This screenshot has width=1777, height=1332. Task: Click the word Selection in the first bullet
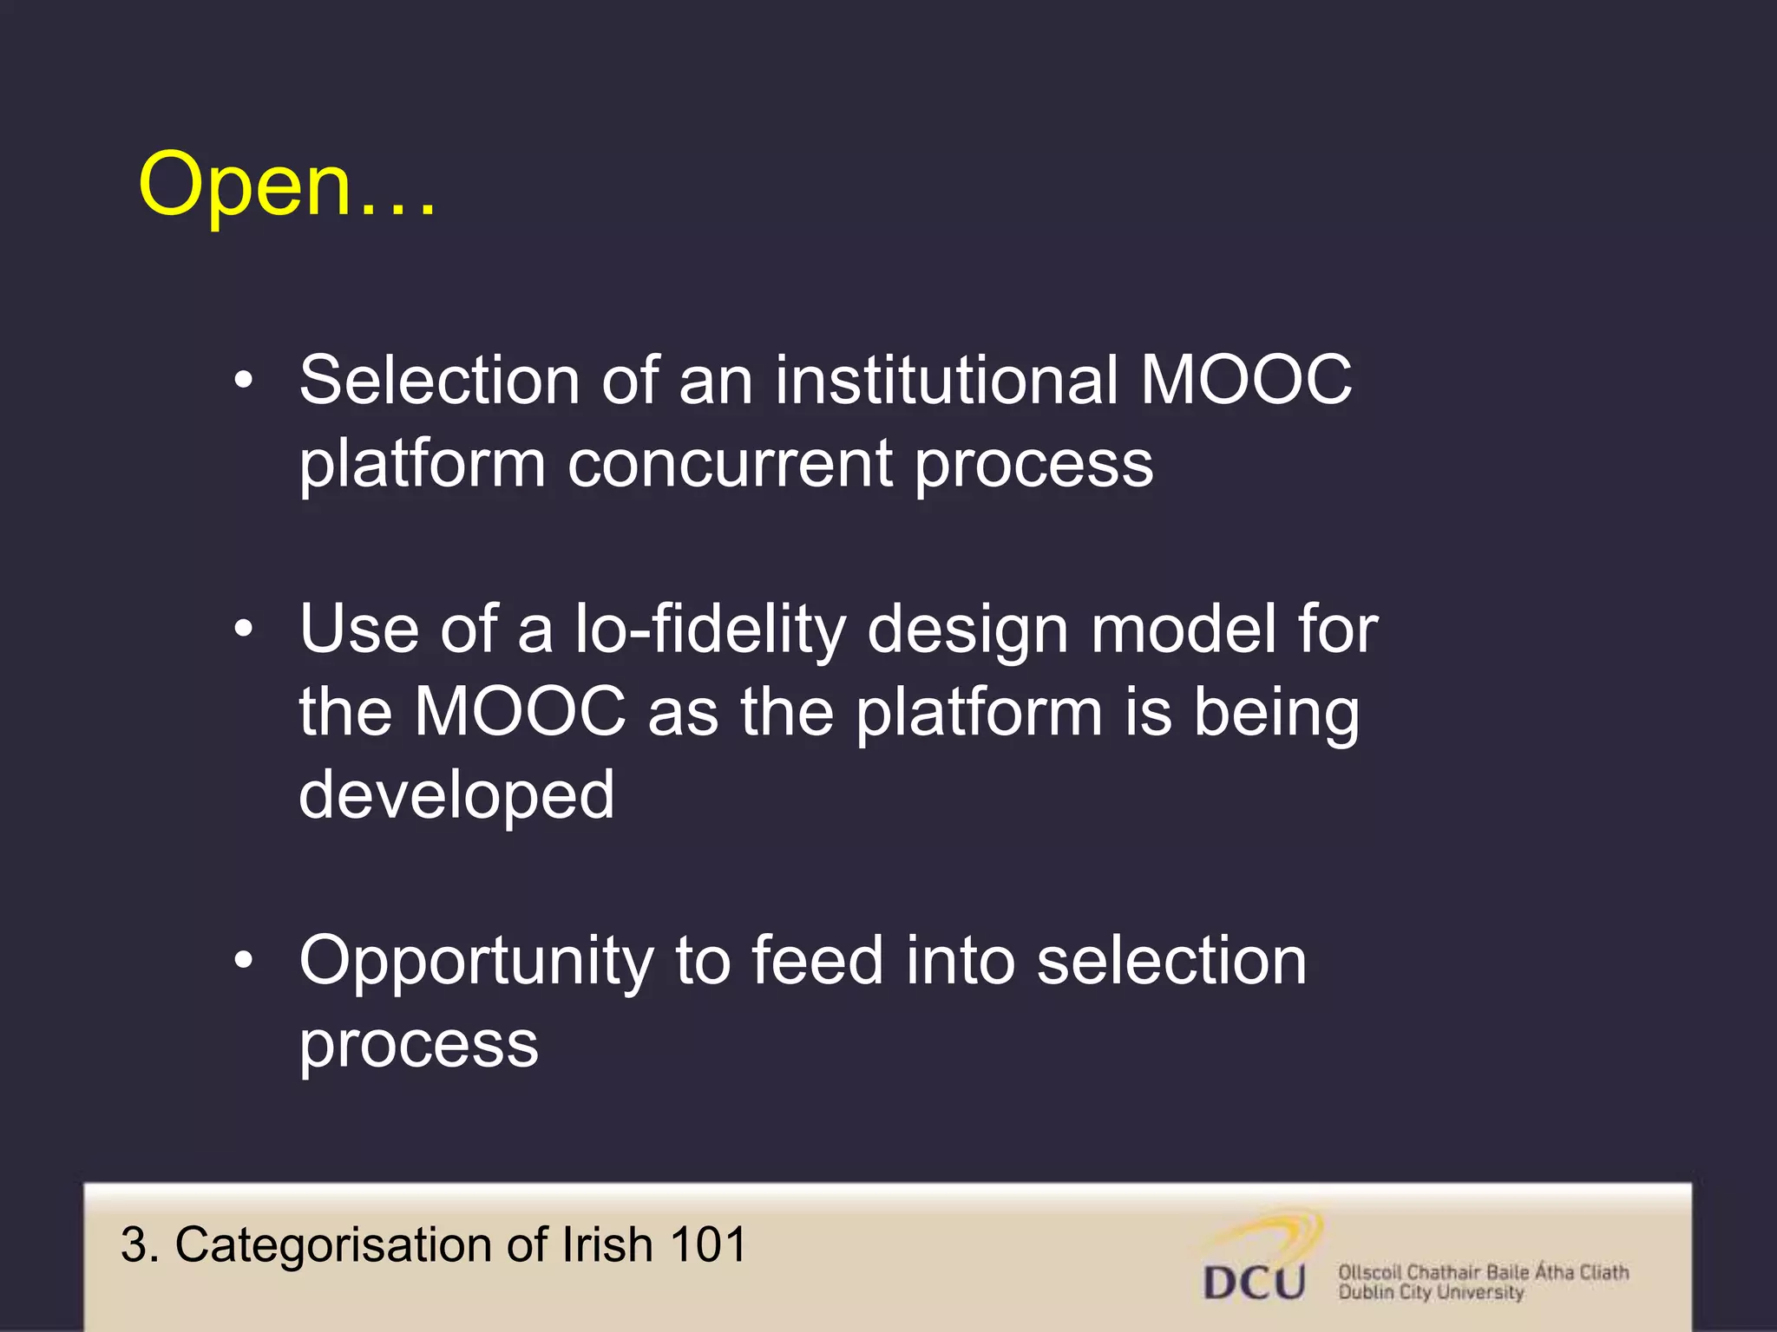[x=439, y=381]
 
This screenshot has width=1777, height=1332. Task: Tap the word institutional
[x=946, y=381]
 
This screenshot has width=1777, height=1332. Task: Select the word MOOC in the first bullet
[x=1246, y=381]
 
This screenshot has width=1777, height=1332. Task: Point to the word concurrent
[x=730, y=464]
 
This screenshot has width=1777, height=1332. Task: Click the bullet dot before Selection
[x=244, y=381]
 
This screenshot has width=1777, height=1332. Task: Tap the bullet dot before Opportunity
[x=244, y=961]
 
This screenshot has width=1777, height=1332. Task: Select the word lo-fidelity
[x=710, y=630]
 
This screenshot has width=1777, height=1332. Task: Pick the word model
[x=1184, y=630]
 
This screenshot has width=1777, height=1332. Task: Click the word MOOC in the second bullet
[x=520, y=712]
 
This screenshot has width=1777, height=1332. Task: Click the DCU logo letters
[x=1255, y=1283]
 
